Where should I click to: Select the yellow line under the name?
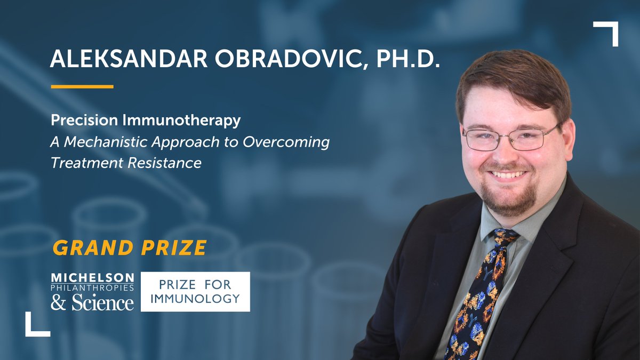pyautogui.click(x=82, y=86)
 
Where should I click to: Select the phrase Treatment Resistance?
pyautogui.click(x=126, y=163)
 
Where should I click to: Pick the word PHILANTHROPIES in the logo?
pyautogui.click(x=92, y=288)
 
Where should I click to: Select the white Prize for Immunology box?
pyautogui.click(x=195, y=292)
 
